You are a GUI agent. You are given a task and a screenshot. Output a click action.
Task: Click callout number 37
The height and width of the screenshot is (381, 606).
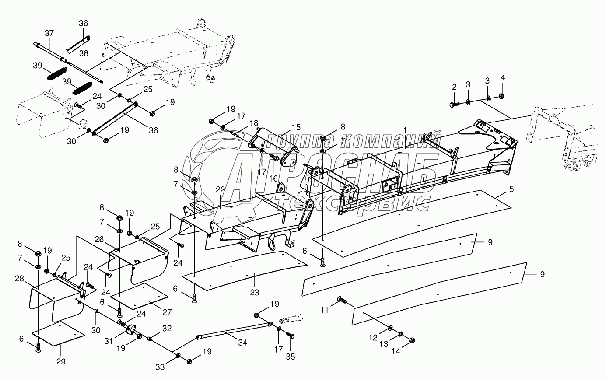coord(49,33)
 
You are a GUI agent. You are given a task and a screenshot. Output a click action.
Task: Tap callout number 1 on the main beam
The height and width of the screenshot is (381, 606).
coord(405,130)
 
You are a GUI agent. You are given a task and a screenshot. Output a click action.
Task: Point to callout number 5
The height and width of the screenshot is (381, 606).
coord(499,189)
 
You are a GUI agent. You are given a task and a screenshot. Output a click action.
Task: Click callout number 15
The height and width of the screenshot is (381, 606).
coord(296,127)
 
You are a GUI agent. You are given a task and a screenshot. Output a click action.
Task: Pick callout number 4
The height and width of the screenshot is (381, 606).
coord(502,78)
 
